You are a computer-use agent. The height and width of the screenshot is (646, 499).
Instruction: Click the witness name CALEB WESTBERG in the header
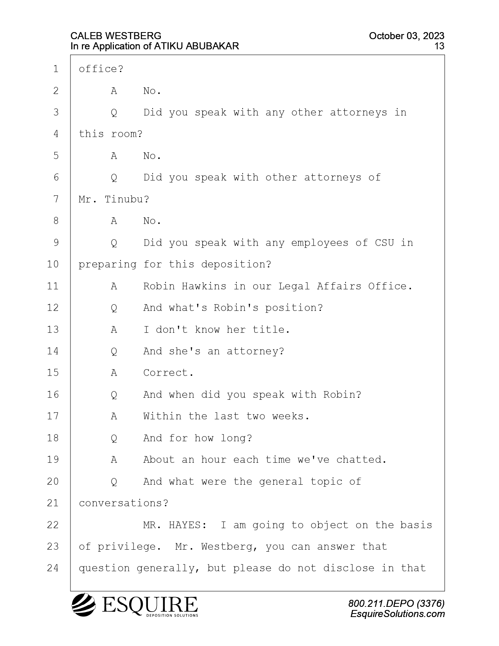[x=116, y=36]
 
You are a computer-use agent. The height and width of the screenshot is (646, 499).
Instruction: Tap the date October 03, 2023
[x=407, y=36]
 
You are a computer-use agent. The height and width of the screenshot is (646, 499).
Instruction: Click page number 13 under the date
[x=439, y=46]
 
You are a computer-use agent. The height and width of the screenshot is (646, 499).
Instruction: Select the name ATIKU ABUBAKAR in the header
[x=196, y=46]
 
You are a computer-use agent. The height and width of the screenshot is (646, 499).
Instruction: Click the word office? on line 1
[x=101, y=69]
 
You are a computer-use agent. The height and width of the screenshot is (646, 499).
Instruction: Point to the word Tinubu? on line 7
[x=127, y=199]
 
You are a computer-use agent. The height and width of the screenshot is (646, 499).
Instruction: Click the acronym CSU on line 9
[x=384, y=243]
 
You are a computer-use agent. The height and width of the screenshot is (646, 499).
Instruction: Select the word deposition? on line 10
[x=236, y=265]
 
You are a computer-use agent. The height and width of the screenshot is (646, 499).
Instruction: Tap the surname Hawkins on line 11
[x=204, y=286]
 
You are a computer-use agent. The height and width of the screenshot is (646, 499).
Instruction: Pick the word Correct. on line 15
[x=169, y=373]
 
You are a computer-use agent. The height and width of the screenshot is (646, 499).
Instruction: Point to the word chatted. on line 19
[x=361, y=460]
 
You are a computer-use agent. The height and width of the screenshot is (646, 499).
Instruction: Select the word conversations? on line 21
[x=124, y=503]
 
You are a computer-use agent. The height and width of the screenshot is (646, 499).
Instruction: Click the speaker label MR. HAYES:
[x=175, y=525]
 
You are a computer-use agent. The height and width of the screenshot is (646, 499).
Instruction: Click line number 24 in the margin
[x=53, y=568]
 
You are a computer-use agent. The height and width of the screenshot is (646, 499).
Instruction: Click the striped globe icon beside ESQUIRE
[x=83, y=604]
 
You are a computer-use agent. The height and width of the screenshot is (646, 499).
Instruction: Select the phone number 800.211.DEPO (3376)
[x=396, y=603]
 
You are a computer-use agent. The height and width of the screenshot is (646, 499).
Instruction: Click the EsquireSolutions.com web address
[x=398, y=614]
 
